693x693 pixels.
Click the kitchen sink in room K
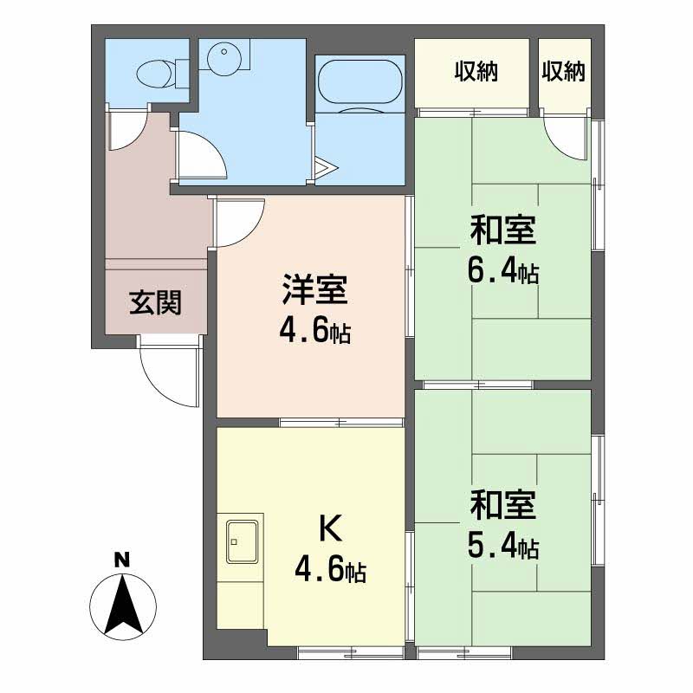[x=243, y=542]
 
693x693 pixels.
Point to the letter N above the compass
[x=123, y=560]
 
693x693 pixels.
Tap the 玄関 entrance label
[x=155, y=302]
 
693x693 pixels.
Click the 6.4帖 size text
[x=502, y=273]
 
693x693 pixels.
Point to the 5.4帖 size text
[x=503, y=546]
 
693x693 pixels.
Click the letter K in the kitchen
[x=328, y=527]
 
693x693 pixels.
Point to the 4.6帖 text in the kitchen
[x=329, y=571]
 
